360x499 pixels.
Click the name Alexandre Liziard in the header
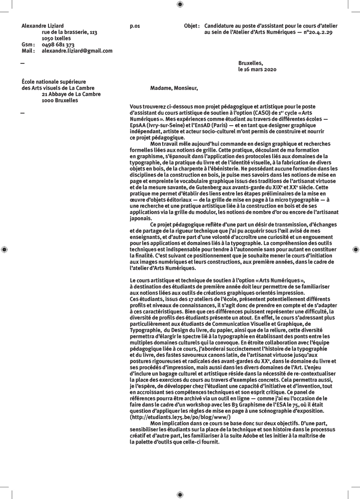pyautogui.click(x=42, y=25)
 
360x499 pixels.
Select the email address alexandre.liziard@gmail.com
pyautogui.click(x=77, y=51)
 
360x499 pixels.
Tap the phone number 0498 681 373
pyautogui.click(x=58, y=45)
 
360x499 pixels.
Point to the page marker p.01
pyautogui.click(x=134, y=25)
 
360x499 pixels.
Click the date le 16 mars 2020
pyautogui.click(x=257, y=70)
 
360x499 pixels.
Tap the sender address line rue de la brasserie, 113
pyautogui.click(x=69, y=32)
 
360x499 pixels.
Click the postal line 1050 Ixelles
pyautogui.click(x=56, y=38)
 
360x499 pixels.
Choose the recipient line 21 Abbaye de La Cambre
pyautogui.click(x=71, y=94)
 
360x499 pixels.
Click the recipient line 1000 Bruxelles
pyautogui.click(x=60, y=100)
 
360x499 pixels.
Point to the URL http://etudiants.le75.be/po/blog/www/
pyautogui.click(x=180, y=416)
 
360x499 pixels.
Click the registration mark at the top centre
pyautogui.click(x=180, y=4)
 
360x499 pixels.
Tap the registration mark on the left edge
pyautogui.click(x=4, y=249)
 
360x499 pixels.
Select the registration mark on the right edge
pyautogui.click(x=356, y=249)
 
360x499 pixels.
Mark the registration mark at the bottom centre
pyautogui.click(x=180, y=494)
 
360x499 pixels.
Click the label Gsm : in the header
pyautogui.click(x=28, y=45)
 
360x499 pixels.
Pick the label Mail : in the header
pyautogui.click(x=28, y=51)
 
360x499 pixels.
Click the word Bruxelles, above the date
pyautogui.click(x=251, y=63)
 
